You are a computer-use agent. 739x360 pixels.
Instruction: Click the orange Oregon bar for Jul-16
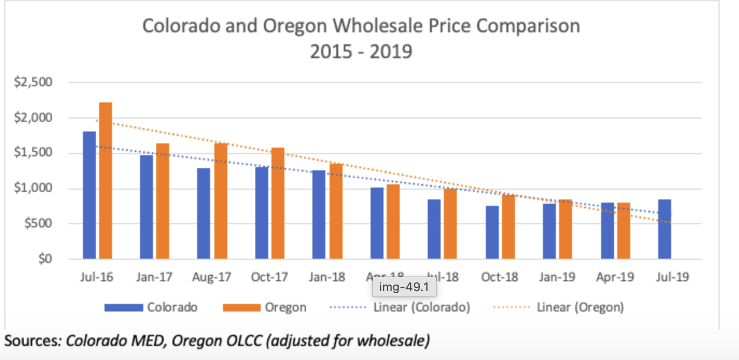[106, 181]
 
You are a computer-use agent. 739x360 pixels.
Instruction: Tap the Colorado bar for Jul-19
[664, 229]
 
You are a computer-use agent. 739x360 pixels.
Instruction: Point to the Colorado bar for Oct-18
[491, 232]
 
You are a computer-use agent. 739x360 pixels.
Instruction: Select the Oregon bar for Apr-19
[624, 231]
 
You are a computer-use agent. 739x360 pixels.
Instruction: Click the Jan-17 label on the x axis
[154, 278]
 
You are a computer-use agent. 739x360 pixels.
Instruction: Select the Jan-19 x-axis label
[557, 278]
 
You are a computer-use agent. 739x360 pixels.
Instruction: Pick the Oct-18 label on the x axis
[499, 278]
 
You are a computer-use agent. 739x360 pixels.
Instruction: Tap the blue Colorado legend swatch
[123, 308]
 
